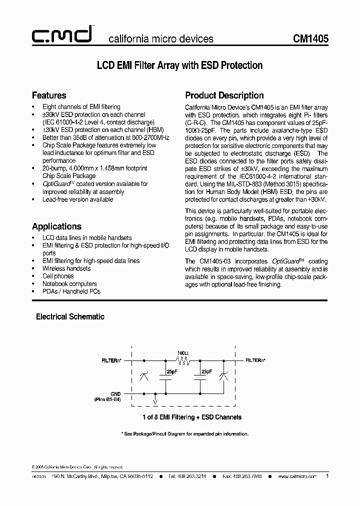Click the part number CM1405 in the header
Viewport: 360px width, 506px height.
(310, 38)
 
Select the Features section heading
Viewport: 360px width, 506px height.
(49, 95)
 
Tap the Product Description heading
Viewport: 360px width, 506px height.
(224, 95)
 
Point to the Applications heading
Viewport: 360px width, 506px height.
(56, 226)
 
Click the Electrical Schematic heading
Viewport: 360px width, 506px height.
(70, 316)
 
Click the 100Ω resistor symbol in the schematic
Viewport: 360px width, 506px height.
(182, 360)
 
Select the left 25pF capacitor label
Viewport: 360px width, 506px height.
(171, 372)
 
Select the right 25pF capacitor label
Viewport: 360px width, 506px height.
(205, 372)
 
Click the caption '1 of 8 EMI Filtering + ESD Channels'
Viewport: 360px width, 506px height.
(185, 416)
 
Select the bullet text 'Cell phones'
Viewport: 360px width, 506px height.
(58, 276)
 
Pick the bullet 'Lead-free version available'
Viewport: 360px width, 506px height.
(77, 199)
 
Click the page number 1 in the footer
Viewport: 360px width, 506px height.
(327, 476)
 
